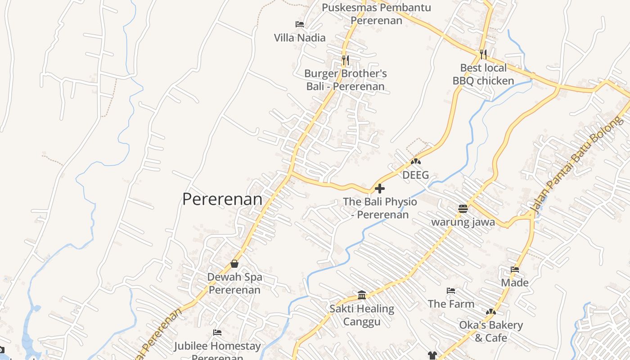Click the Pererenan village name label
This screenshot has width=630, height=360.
point(222,199)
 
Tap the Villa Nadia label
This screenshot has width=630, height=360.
point(300,38)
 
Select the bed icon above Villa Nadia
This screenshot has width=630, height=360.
point(300,24)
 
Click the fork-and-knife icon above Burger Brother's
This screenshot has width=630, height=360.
point(345,59)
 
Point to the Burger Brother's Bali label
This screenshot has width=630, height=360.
point(345,80)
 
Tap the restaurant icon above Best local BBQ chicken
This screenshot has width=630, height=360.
point(483,54)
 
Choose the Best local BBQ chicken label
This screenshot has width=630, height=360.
point(483,74)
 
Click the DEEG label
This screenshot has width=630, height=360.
point(415,175)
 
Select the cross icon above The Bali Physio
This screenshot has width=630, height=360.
point(380,188)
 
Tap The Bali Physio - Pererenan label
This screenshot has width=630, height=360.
point(380,208)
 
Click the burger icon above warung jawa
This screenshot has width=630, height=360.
point(463,208)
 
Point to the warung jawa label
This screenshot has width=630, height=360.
point(463,222)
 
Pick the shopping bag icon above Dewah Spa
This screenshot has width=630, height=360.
point(234,263)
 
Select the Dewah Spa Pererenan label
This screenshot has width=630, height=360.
point(234,283)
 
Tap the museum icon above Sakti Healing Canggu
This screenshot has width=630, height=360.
point(362,295)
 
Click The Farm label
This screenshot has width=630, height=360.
point(451,304)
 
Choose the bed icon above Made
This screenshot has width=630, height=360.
point(515,270)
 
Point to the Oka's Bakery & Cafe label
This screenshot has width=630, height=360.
point(490,331)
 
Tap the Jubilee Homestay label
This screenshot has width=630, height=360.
point(217,346)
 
